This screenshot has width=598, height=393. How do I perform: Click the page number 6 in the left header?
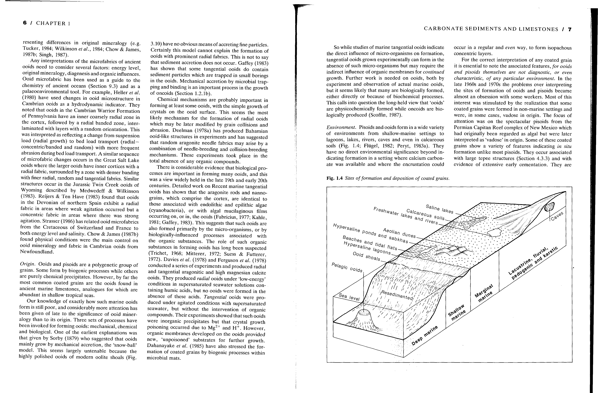point(25,23)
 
